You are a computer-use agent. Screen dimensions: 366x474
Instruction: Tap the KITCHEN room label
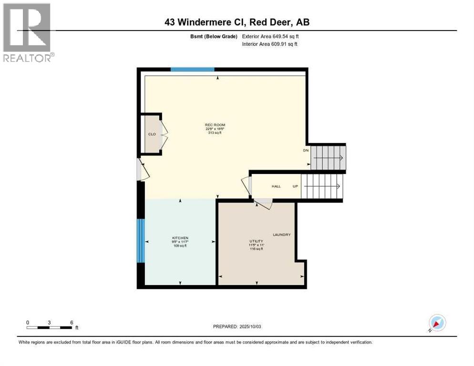[180, 238]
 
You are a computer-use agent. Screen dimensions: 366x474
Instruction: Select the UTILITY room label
[257, 241]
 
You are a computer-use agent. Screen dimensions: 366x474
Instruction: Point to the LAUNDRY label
[281, 234]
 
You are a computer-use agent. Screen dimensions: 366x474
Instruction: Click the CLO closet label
[152, 134]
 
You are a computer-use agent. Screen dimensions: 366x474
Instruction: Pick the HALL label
[276, 186]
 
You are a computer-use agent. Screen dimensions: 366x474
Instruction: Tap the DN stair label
[306, 151]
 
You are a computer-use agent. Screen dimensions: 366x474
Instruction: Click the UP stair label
[295, 186]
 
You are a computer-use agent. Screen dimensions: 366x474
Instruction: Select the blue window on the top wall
[192, 70]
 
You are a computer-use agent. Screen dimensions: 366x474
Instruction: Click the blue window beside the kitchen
[141, 241]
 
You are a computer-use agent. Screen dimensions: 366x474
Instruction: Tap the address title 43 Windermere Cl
[237, 22]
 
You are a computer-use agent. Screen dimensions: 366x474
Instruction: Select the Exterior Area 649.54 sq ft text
[270, 36]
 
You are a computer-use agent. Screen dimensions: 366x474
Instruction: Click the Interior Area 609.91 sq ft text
[270, 44]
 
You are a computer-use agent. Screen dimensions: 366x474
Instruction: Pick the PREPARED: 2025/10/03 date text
[237, 326]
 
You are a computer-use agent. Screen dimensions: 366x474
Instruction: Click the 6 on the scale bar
[72, 322]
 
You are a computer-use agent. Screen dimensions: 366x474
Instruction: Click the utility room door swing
[263, 204]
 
